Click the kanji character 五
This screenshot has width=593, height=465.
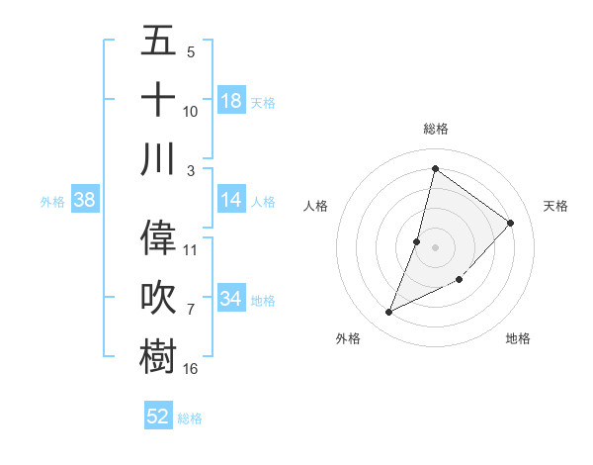158,42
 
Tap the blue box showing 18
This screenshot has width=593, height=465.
231,100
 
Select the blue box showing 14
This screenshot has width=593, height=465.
231,200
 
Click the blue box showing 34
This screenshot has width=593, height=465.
231,299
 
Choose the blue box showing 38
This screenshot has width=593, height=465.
85,200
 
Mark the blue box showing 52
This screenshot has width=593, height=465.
158,417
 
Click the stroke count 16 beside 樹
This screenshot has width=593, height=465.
191,369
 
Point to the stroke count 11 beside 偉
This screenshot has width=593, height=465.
191,249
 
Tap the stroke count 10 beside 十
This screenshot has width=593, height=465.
191,112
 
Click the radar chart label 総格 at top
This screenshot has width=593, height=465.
435,129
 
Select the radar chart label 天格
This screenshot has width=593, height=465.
555,206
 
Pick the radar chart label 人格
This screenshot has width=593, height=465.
316,206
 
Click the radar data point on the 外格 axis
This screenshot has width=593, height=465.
389,313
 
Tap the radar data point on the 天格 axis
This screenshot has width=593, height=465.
511,223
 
